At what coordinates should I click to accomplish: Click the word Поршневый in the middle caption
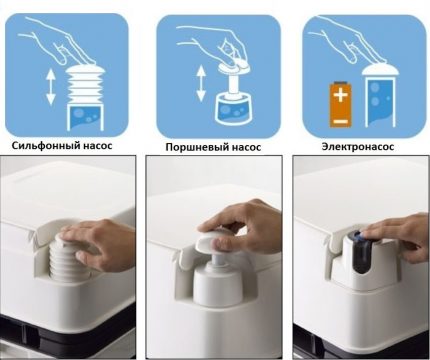pyautogui.click(x=200, y=149)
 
